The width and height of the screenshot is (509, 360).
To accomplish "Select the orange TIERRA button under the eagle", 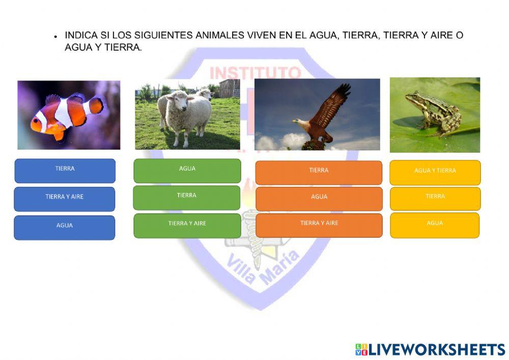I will click(319, 172).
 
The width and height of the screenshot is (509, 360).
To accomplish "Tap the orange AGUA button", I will click(319, 199).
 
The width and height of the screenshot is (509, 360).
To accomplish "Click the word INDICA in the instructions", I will click(79, 36).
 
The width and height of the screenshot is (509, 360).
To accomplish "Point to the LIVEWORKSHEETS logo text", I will click(436, 349).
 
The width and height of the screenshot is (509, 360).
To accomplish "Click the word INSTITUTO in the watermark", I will click(254, 72).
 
